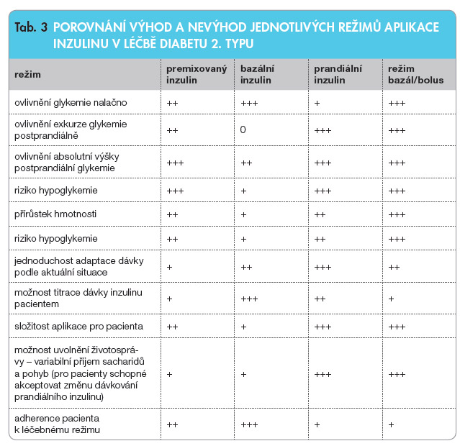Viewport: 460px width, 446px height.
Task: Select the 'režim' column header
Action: point(27,75)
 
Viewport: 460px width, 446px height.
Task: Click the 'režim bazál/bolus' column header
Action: point(415,75)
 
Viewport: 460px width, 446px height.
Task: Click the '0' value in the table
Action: point(243,130)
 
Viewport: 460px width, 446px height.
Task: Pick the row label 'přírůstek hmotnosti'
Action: point(55,214)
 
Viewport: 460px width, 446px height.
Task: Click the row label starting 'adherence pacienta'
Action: point(57,424)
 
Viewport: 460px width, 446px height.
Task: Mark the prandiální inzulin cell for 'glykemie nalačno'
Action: point(317,104)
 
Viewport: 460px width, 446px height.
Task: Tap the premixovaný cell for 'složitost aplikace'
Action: point(172,327)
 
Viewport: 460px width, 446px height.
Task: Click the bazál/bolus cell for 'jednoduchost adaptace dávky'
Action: point(394,266)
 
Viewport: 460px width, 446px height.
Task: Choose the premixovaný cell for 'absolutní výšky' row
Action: point(175,163)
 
